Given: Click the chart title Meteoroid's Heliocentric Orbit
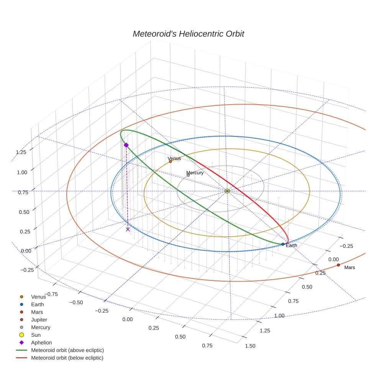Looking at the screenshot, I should click(x=188, y=34).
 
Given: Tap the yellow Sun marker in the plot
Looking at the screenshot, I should click(x=227, y=191).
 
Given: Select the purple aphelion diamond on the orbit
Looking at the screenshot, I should click(x=126, y=145).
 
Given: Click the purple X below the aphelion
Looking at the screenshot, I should click(x=128, y=229).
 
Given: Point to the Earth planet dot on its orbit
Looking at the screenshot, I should click(x=283, y=244).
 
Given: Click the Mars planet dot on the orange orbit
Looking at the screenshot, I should click(x=338, y=265).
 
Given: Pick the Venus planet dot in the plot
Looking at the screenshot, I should click(x=170, y=162).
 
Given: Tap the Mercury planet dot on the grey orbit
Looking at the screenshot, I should click(x=188, y=175).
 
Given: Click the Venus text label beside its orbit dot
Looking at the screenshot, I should click(x=174, y=158).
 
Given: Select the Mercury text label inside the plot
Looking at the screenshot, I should click(x=195, y=173).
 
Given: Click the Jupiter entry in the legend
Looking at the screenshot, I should click(x=39, y=320).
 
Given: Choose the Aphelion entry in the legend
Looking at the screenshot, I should click(x=41, y=343).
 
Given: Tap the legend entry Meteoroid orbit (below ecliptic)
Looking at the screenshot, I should click(x=67, y=358).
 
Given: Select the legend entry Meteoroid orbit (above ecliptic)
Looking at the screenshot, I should click(x=67, y=350).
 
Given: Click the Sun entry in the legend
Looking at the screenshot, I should click(x=36, y=335).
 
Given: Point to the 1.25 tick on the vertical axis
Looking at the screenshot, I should click(x=21, y=152).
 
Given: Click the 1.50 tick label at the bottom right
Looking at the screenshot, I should click(x=250, y=346).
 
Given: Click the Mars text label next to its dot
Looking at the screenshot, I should click(x=349, y=267).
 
